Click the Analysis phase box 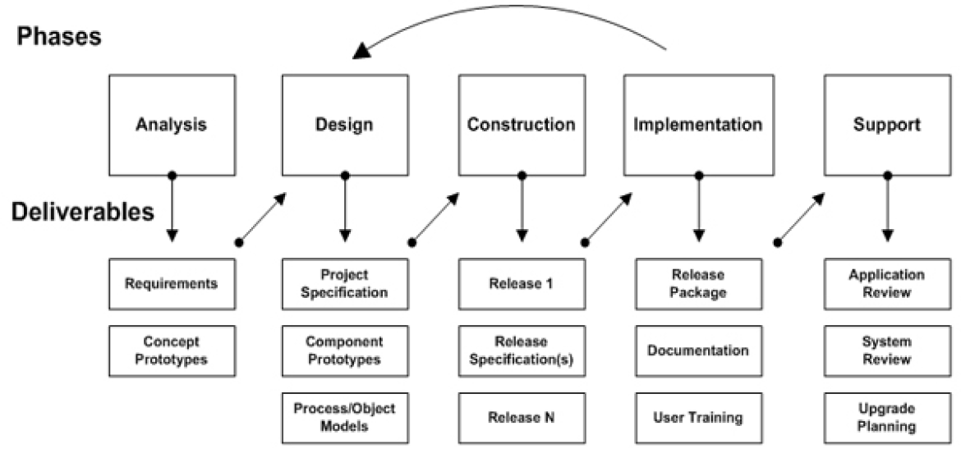[x=172, y=125]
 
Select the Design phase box [x=344, y=125]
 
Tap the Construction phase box [x=521, y=125]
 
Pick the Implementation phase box [x=698, y=125]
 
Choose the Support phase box [x=886, y=125]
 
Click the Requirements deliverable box [x=172, y=284]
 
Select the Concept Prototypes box [x=172, y=350]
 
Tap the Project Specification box [x=344, y=284]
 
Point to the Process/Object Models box [x=344, y=417]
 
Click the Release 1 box [x=521, y=284]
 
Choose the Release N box [x=521, y=417]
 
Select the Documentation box [x=698, y=350]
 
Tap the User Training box [x=698, y=417]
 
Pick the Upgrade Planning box [x=886, y=417]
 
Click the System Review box [x=886, y=350]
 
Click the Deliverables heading [x=82, y=213]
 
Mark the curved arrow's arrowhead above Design [x=361, y=52]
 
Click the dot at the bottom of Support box [x=886, y=175]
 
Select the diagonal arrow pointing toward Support [x=800, y=218]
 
